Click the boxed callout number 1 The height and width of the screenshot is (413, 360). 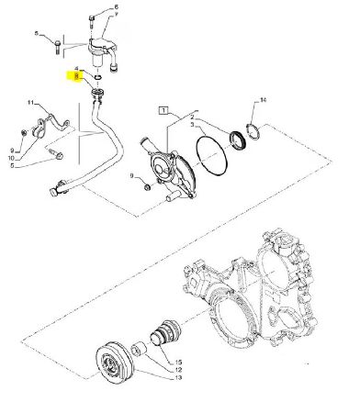tap(163, 110)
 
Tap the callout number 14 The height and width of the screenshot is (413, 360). tap(263, 100)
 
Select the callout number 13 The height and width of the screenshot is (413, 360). tap(178, 377)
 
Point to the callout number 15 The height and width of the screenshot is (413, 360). tap(178, 363)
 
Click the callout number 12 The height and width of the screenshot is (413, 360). tap(178, 370)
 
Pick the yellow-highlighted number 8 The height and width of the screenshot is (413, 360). tap(77, 79)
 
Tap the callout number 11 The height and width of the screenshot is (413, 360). tap(30, 103)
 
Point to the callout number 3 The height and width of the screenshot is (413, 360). tap(192, 125)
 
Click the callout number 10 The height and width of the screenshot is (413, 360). tap(11, 158)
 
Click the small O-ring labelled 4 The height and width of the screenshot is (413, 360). tap(98, 77)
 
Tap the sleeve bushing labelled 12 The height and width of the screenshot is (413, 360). tap(139, 349)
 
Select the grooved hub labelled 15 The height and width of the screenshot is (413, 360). tap(165, 333)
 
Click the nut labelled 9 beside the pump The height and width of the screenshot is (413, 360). tap(147, 186)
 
